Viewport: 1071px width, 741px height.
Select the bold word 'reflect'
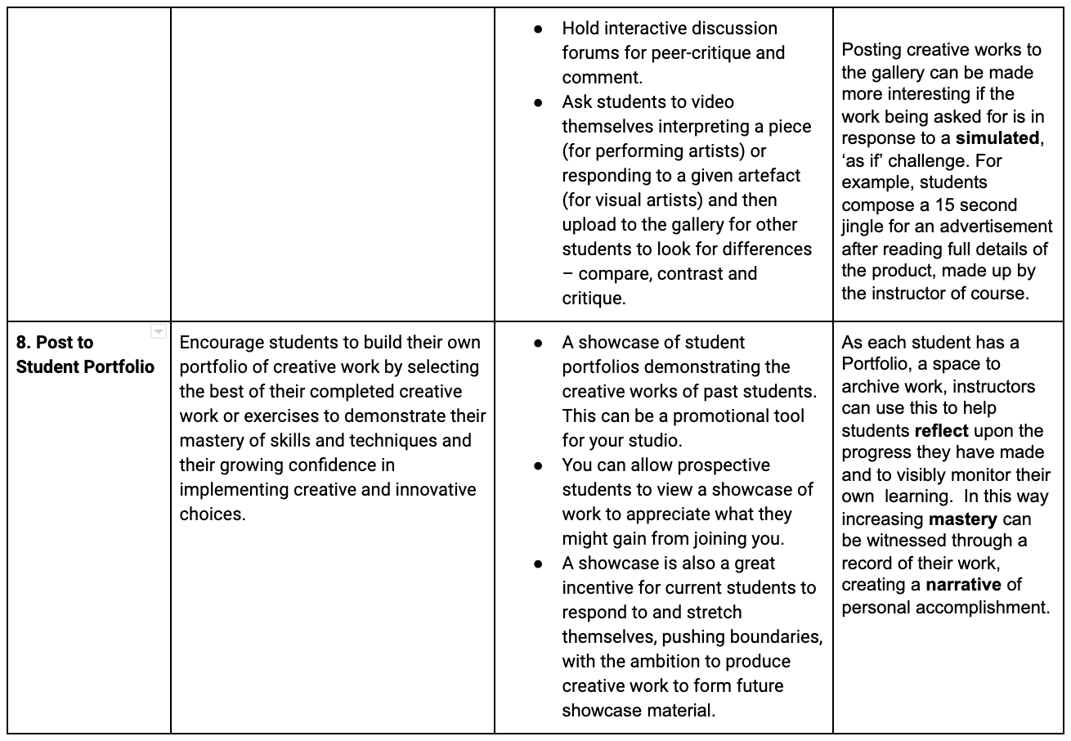coord(941,431)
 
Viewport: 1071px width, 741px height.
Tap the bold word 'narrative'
coord(963,585)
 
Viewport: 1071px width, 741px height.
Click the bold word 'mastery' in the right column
coord(962,519)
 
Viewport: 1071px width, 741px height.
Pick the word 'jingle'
coord(864,227)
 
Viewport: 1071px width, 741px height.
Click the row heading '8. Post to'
coord(55,343)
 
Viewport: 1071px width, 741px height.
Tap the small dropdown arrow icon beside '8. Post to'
coord(159,332)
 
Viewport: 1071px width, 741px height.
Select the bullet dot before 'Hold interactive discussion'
coord(538,29)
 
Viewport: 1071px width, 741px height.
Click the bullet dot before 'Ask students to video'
coord(538,102)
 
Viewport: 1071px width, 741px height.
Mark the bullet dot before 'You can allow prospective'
coord(538,465)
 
